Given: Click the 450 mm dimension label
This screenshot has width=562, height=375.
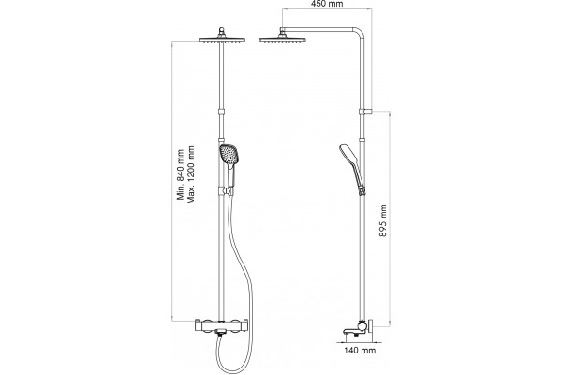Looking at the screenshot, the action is (x=327, y=4).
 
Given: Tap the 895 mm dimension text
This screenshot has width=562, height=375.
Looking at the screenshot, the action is (x=383, y=220).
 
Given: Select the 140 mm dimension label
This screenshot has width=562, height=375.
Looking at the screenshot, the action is (x=360, y=350).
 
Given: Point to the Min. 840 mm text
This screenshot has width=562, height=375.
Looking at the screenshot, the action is (x=180, y=174).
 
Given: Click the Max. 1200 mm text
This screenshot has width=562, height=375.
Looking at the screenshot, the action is (x=191, y=174).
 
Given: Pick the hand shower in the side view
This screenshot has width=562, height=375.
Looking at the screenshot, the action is (x=352, y=165).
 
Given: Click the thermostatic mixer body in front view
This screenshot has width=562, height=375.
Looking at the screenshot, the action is (x=221, y=325).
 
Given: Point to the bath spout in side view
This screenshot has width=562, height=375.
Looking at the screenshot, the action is (x=352, y=331).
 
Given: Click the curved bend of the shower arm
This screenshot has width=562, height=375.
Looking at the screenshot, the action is (x=360, y=32).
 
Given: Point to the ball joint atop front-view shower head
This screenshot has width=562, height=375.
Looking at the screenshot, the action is (x=222, y=32).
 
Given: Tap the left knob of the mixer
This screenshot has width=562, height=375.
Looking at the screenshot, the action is (x=207, y=325).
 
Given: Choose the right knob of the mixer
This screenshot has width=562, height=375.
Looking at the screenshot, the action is (x=235, y=325).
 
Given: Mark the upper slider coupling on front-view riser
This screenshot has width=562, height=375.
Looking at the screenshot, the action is (x=222, y=112).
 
